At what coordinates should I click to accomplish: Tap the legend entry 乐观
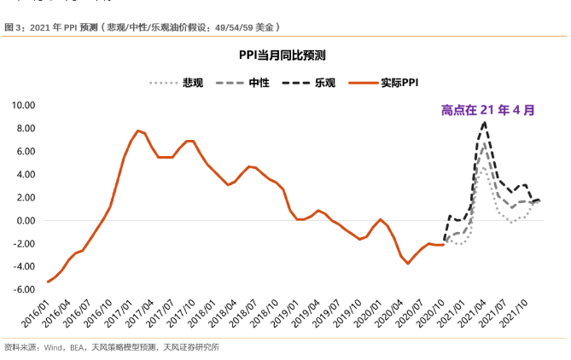pyautogui.click(x=325, y=83)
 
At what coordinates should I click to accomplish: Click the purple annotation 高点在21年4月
pyautogui.click(x=488, y=110)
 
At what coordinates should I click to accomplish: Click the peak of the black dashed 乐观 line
pyautogui.click(x=485, y=122)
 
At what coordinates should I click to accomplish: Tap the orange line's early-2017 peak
pyautogui.click(x=137, y=131)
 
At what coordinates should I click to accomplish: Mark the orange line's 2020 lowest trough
pyautogui.click(x=408, y=264)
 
